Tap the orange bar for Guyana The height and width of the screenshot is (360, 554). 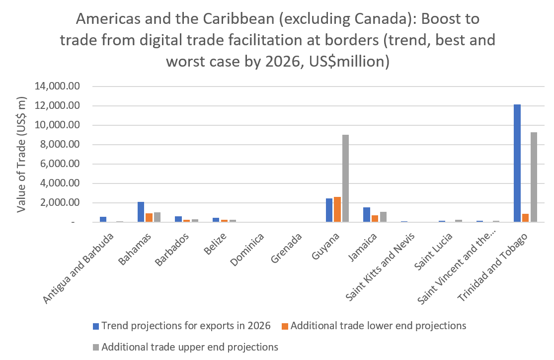337,209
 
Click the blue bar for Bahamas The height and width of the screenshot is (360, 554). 141,212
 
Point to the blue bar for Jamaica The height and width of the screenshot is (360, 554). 367,215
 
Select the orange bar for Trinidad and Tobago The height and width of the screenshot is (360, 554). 525,218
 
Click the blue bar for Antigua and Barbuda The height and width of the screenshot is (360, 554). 103,219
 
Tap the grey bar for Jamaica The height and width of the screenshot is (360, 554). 383,217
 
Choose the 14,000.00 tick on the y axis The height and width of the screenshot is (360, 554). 57,87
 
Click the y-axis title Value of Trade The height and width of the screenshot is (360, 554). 21,154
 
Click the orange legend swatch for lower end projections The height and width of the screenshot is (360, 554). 285,326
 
